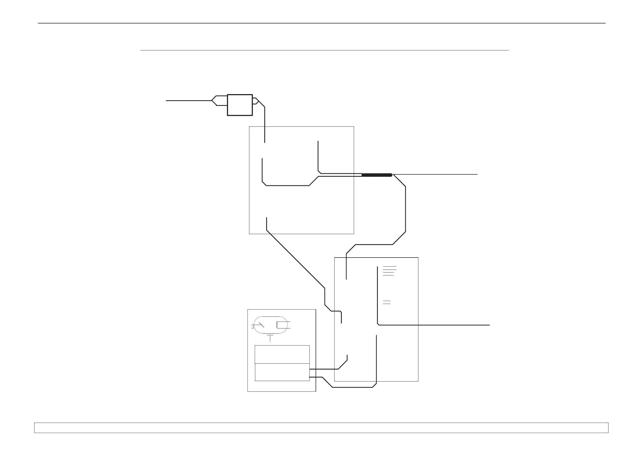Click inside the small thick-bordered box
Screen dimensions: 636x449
tap(240, 105)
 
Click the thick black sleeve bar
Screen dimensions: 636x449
tap(377, 175)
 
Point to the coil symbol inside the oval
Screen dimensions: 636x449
tap(278, 325)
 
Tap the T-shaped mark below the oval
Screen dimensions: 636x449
tap(270, 338)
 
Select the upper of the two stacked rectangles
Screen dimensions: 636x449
tap(282, 354)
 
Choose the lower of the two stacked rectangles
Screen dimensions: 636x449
tap(282, 372)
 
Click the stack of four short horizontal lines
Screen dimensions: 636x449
tap(389, 271)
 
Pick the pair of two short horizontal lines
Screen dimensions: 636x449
tap(386, 302)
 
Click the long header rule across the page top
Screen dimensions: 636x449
tap(321, 23)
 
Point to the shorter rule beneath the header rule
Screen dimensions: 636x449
tap(324, 50)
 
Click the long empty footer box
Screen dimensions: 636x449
tap(321, 427)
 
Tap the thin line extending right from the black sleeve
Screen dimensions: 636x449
tap(435, 174)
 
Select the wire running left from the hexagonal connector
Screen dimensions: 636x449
tap(188, 101)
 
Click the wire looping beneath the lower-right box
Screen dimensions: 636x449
tap(352, 387)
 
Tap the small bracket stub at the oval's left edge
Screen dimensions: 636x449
tap(253, 327)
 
